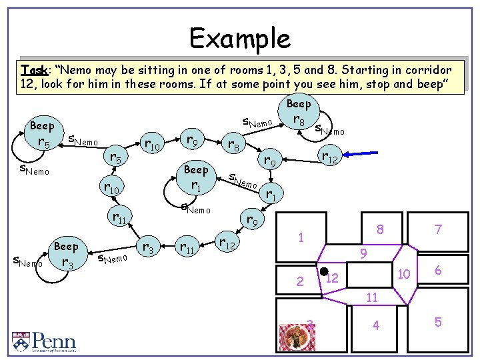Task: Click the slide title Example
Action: tap(239, 38)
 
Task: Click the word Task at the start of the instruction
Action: tap(34, 70)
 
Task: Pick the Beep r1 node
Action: tap(195, 177)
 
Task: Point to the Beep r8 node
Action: tap(298, 114)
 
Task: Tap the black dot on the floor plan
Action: tap(323, 272)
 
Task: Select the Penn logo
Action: tap(43, 342)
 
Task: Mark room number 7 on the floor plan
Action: tap(438, 230)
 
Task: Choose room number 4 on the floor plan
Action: tap(376, 326)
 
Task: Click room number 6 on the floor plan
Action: tap(438, 270)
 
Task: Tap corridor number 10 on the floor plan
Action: tap(403, 274)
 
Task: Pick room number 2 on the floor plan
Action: tap(300, 281)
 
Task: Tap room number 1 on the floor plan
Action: tap(301, 237)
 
